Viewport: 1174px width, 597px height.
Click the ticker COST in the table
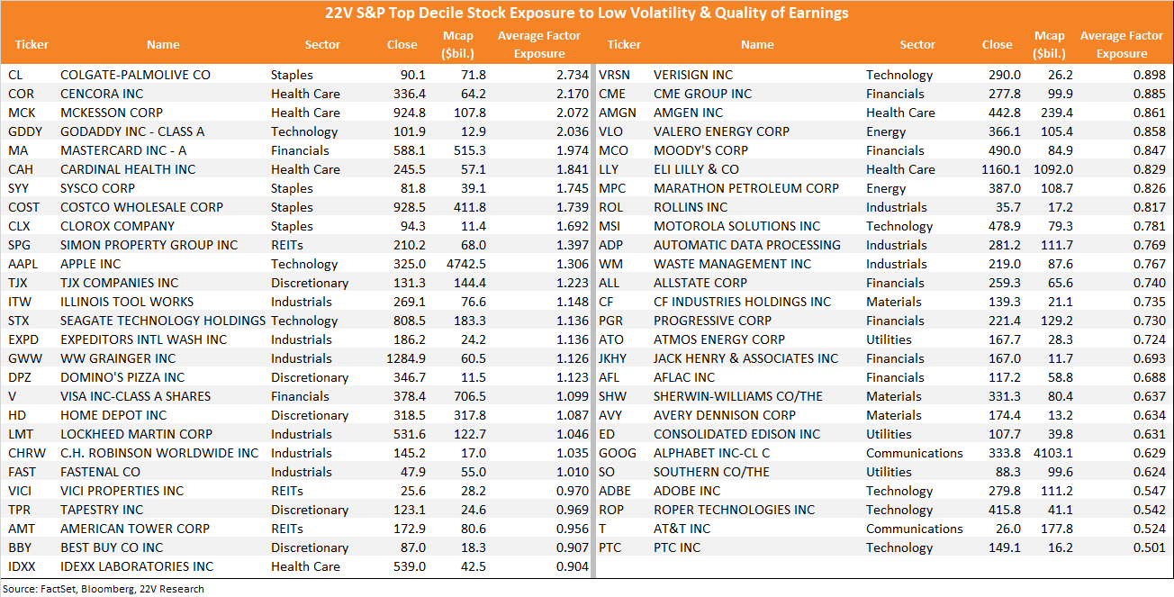(x=23, y=208)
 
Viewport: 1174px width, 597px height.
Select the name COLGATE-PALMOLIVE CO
(x=135, y=75)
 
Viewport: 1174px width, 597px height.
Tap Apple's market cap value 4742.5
(x=466, y=264)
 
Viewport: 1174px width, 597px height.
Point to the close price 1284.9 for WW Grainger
(x=406, y=358)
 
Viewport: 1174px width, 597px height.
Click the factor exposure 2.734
(x=573, y=75)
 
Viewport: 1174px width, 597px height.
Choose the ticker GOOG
(x=618, y=454)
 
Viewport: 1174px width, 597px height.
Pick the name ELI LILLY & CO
(x=696, y=170)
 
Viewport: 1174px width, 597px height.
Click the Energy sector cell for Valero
(x=886, y=132)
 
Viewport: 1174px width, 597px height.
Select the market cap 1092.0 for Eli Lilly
(x=1053, y=170)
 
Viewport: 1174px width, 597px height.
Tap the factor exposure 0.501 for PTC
(x=1150, y=547)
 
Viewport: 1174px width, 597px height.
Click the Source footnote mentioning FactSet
(x=103, y=589)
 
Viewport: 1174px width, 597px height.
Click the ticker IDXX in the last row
(x=22, y=566)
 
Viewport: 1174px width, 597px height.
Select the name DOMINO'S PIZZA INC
(x=122, y=377)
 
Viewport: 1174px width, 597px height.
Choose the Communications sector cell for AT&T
(x=915, y=529)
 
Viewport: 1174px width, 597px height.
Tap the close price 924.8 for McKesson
(x=410, y=113)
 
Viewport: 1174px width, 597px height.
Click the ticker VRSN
(x=614, y=75)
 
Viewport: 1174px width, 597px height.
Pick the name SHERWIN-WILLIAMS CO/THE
(x=738, y=397)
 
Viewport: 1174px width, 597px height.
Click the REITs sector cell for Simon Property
(x=286, y=245)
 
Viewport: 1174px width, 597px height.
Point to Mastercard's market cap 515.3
(x=470, y=151)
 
